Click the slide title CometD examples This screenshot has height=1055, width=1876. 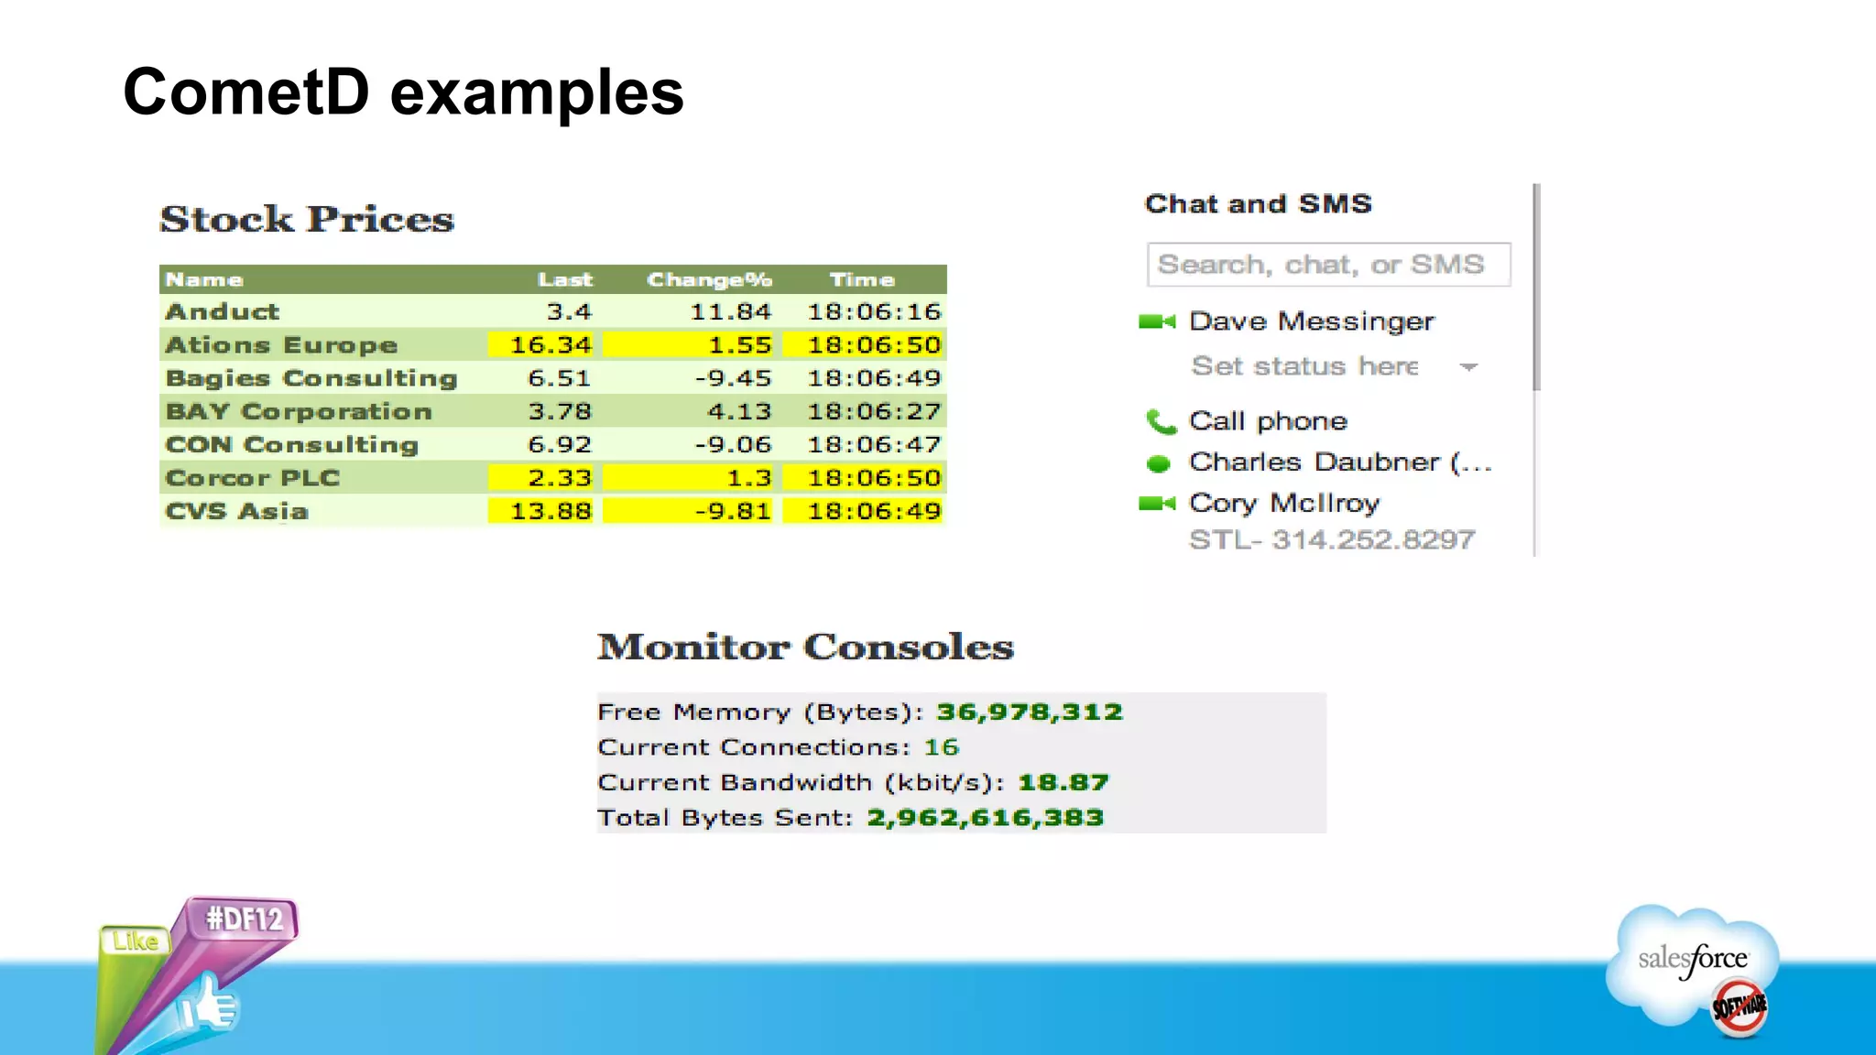[403, 92]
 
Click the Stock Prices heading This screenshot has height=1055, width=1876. [307, 219]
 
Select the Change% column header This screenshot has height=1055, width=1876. [709, 279]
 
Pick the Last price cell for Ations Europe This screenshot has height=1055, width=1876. [551, 345]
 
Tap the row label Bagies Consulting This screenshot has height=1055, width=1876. [311, 378]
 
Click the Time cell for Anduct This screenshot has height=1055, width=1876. [873, 312]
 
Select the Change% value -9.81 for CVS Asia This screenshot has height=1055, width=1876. [732, 511]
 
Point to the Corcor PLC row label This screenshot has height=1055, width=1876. [253, 478]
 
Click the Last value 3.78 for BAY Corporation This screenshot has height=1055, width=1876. [559, 412]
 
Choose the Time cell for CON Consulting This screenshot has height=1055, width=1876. [873, 445]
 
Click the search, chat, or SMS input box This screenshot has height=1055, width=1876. [1327, 265]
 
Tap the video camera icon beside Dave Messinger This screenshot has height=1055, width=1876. [1156, 321]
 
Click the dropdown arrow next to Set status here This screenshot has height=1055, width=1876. [1468, 367]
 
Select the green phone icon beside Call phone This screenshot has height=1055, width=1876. [1160, 421]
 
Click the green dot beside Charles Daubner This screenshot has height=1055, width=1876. [1159, 463]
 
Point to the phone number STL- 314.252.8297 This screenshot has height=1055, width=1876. [1332, 540]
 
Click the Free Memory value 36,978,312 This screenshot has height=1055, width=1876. [1029, 712]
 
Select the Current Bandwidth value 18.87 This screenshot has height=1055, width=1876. [1063, 783]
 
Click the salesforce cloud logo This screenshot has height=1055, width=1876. [1693, 962]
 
